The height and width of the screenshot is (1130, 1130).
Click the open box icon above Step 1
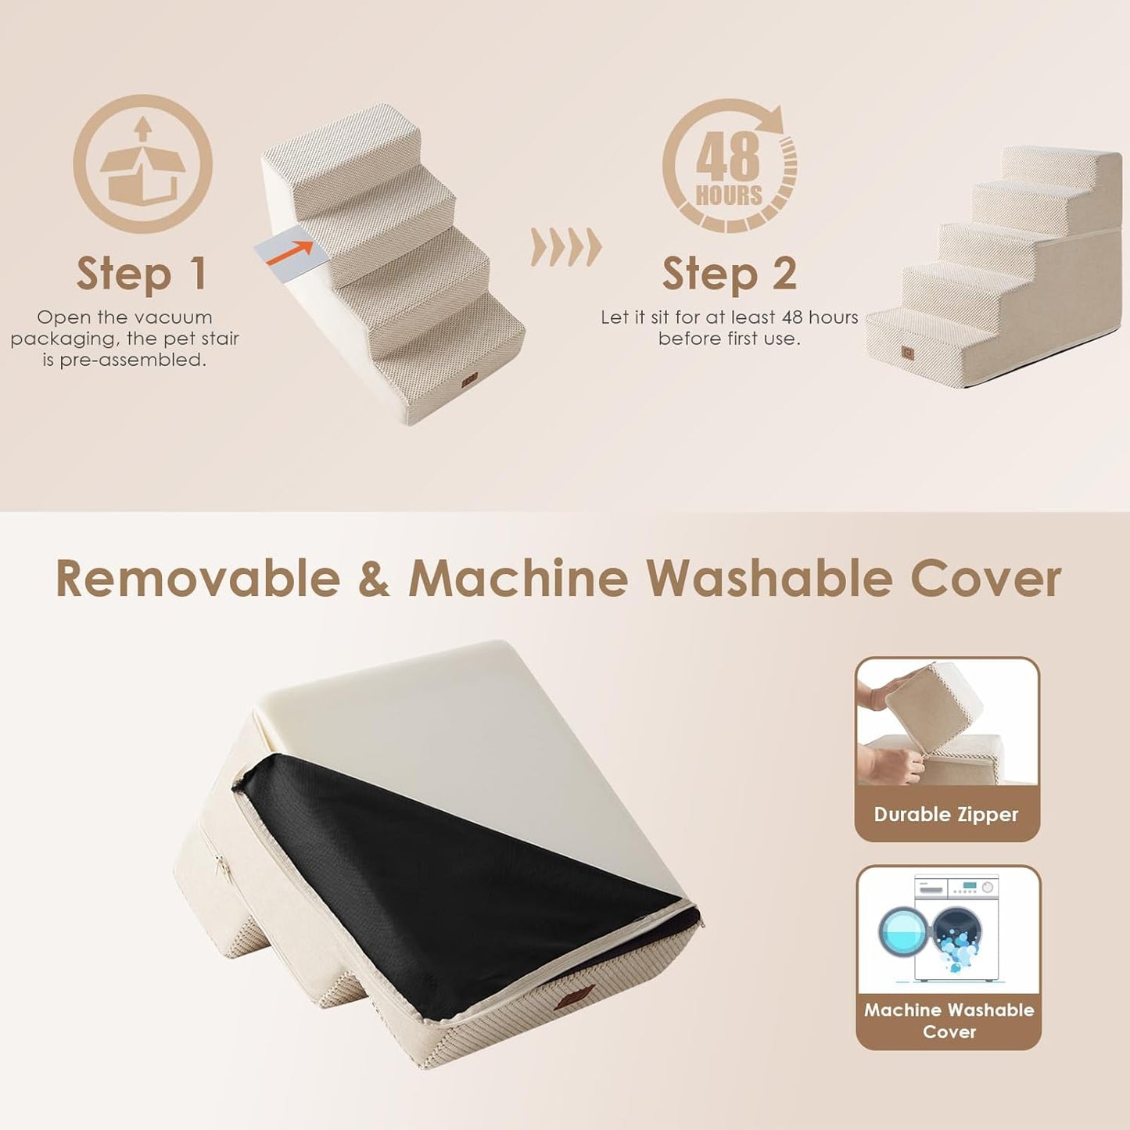(x=142, y=164)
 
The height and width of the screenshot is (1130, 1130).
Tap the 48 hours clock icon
(x=730, y=167)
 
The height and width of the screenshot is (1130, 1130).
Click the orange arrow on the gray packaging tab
(x=291, y=253)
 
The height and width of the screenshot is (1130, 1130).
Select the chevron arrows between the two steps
(x=566, y=248)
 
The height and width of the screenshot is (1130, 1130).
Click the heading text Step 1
(x=142, y=274)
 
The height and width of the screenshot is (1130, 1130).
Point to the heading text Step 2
(x=729, y=274)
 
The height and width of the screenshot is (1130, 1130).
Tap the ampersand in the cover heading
(x=374, y=579)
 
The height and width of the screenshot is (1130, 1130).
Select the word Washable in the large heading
(x=769, y=579)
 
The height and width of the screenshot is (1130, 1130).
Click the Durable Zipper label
(x=946, y=815)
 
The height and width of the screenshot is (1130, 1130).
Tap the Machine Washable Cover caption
(x=949, y=1021)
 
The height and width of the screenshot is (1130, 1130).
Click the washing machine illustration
(x=948, y=928)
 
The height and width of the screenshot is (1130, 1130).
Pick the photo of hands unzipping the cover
(x=947, y=723)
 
